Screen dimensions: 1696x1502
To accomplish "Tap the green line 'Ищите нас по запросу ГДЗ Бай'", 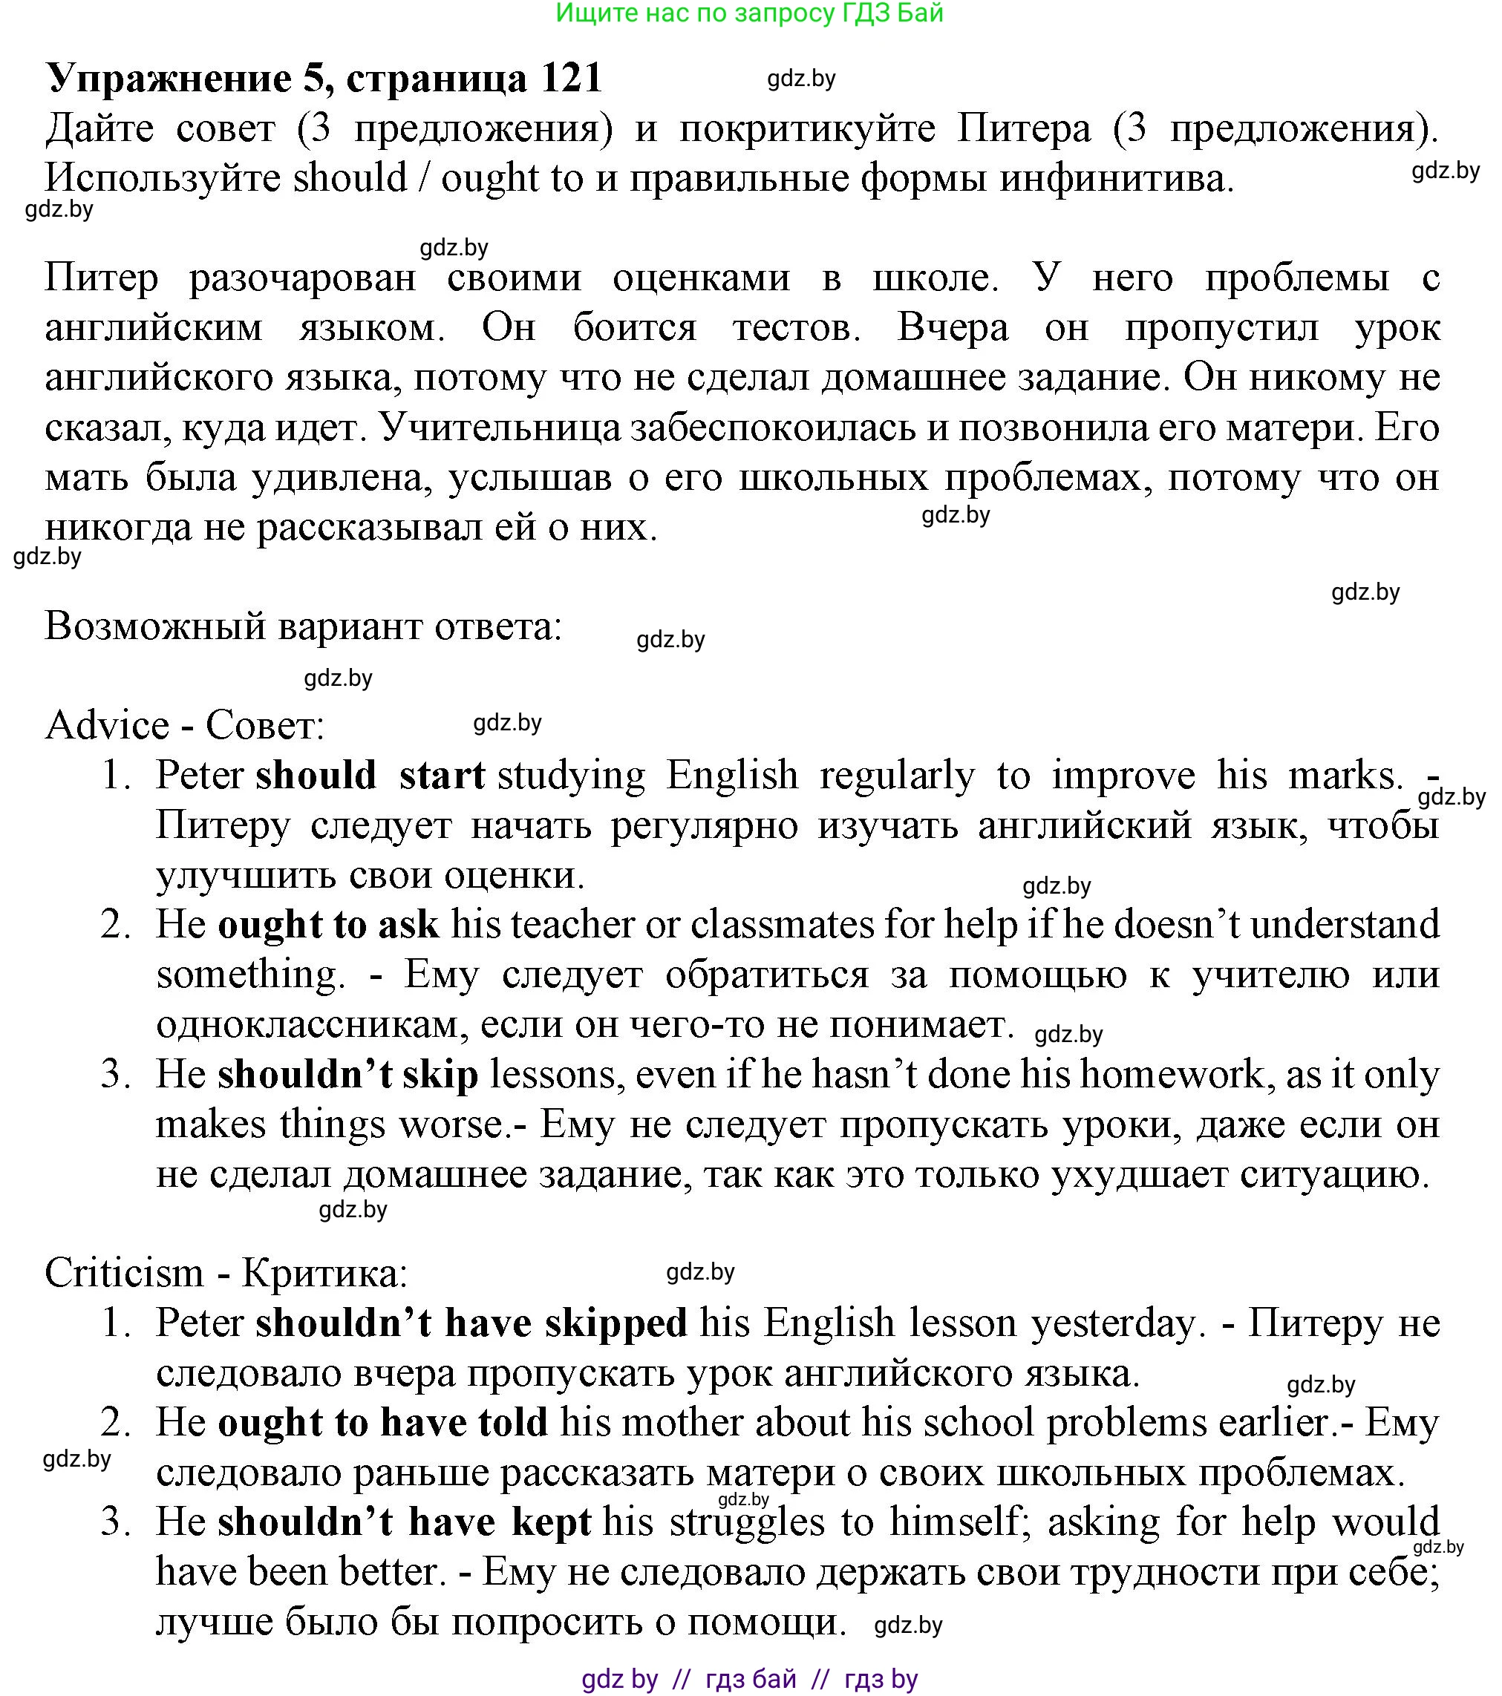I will pos(749,13).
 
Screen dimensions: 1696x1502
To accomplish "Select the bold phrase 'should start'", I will pos(370,776).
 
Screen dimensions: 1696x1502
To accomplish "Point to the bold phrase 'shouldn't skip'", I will pos(347,1075).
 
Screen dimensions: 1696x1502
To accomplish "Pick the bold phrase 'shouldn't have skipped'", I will pos(471,1323).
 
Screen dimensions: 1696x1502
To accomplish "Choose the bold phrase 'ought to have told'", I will pos(382,1422).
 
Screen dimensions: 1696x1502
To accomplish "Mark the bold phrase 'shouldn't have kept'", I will pos(404,1522).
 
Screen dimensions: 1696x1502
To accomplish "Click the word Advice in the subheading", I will pos(107,726).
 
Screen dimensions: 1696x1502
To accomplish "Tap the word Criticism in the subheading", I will pos(124,1273).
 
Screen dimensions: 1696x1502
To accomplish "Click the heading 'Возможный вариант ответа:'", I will pos(304,626).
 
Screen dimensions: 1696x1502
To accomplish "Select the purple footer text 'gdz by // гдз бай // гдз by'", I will pos(749,1680).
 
